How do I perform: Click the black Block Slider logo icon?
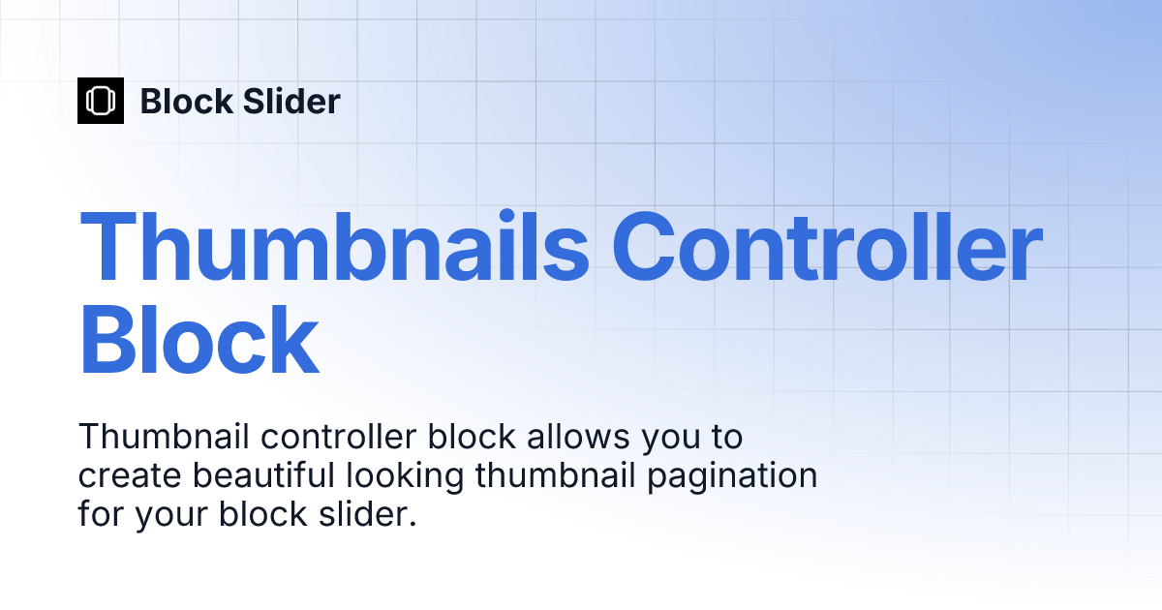[x=101, y=101]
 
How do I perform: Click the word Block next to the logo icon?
[x=185, y=101]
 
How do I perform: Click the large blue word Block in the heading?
[x=199, y=341]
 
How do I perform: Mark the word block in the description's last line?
[x=261, y=515]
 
